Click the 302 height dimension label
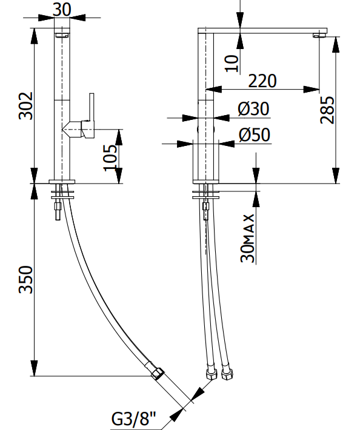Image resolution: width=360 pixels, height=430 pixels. pos(25,106)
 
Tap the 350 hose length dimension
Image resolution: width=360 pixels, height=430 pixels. pos(25,279)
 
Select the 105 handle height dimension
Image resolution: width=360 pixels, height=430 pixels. pos(110,157)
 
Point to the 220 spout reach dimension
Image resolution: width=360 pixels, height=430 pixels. pos(262,81)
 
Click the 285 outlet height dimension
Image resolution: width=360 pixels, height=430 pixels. pos(327,110)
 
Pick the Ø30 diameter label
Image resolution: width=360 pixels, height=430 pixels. pos(253,108)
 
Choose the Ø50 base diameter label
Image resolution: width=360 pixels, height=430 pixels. pos(255,134)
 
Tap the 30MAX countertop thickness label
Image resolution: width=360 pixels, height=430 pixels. pos(247,238)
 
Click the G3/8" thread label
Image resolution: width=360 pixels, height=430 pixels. pos(133,418)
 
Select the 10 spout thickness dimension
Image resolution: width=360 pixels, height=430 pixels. pos(232,64)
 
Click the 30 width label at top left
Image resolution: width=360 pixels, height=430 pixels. pos(62,10)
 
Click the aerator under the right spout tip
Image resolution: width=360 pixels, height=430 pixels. pos(319,35)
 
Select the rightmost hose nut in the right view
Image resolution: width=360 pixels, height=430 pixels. pos(227,375)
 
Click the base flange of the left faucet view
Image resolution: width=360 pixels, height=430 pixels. pos(62,182)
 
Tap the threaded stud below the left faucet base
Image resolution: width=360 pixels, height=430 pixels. pos(58,211)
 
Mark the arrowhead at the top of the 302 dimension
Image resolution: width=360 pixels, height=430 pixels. pos(34,35)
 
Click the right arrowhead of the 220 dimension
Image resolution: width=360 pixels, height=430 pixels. pos(312,90)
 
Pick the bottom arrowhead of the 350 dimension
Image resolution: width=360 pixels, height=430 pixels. pos(34,369)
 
